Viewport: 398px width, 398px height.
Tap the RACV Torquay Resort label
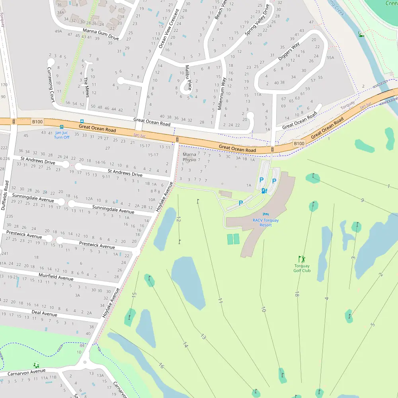(265, 222)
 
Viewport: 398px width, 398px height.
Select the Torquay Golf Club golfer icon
(302, 259)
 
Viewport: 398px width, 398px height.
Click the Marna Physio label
(189, 157)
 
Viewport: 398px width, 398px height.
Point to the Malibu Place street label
(188, 78)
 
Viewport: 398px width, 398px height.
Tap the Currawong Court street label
(51, 84)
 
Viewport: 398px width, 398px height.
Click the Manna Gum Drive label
(101, 34)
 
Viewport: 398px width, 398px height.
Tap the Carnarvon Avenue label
(27, 373)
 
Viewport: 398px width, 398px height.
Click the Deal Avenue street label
(44, 313)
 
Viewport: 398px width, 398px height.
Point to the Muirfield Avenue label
(56, 277)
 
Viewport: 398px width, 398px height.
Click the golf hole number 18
(297, 295)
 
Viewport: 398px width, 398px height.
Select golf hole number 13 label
(203, 337)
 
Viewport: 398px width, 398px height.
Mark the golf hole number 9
(362, 200)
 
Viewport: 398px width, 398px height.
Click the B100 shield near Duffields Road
(37, 121)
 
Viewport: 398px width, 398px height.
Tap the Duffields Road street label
(5, 195)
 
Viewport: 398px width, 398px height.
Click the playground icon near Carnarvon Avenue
(36, 365)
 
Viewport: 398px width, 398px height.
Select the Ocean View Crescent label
(169, 29)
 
